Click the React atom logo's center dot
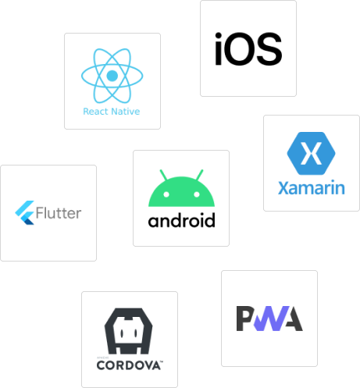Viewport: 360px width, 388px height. [x=112, y=76]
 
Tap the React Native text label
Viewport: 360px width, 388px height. [x=112, y=112]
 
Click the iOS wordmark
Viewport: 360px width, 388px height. [x=248, y=49]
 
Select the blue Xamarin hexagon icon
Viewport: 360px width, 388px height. [x=311, y=153]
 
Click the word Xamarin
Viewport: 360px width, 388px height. [x=312, y=187]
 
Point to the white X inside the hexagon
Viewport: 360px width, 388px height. [x=311, y=153]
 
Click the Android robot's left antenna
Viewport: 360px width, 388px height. [x=163, y=175]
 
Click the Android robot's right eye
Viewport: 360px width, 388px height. [x=197, y=194]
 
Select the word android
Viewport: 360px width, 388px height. [x=181, y=220]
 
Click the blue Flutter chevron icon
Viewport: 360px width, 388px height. [x=25, y=212]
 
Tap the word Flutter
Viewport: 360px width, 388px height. [x=59, y=213]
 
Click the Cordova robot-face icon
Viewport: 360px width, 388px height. [x=129, y=331]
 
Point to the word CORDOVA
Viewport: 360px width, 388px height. [x=129, y=365]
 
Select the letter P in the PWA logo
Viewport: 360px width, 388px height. [x=244, y=319]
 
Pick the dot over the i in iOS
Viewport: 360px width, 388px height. [x=218, y=36]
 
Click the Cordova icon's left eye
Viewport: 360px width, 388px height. [x=122, y=333]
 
